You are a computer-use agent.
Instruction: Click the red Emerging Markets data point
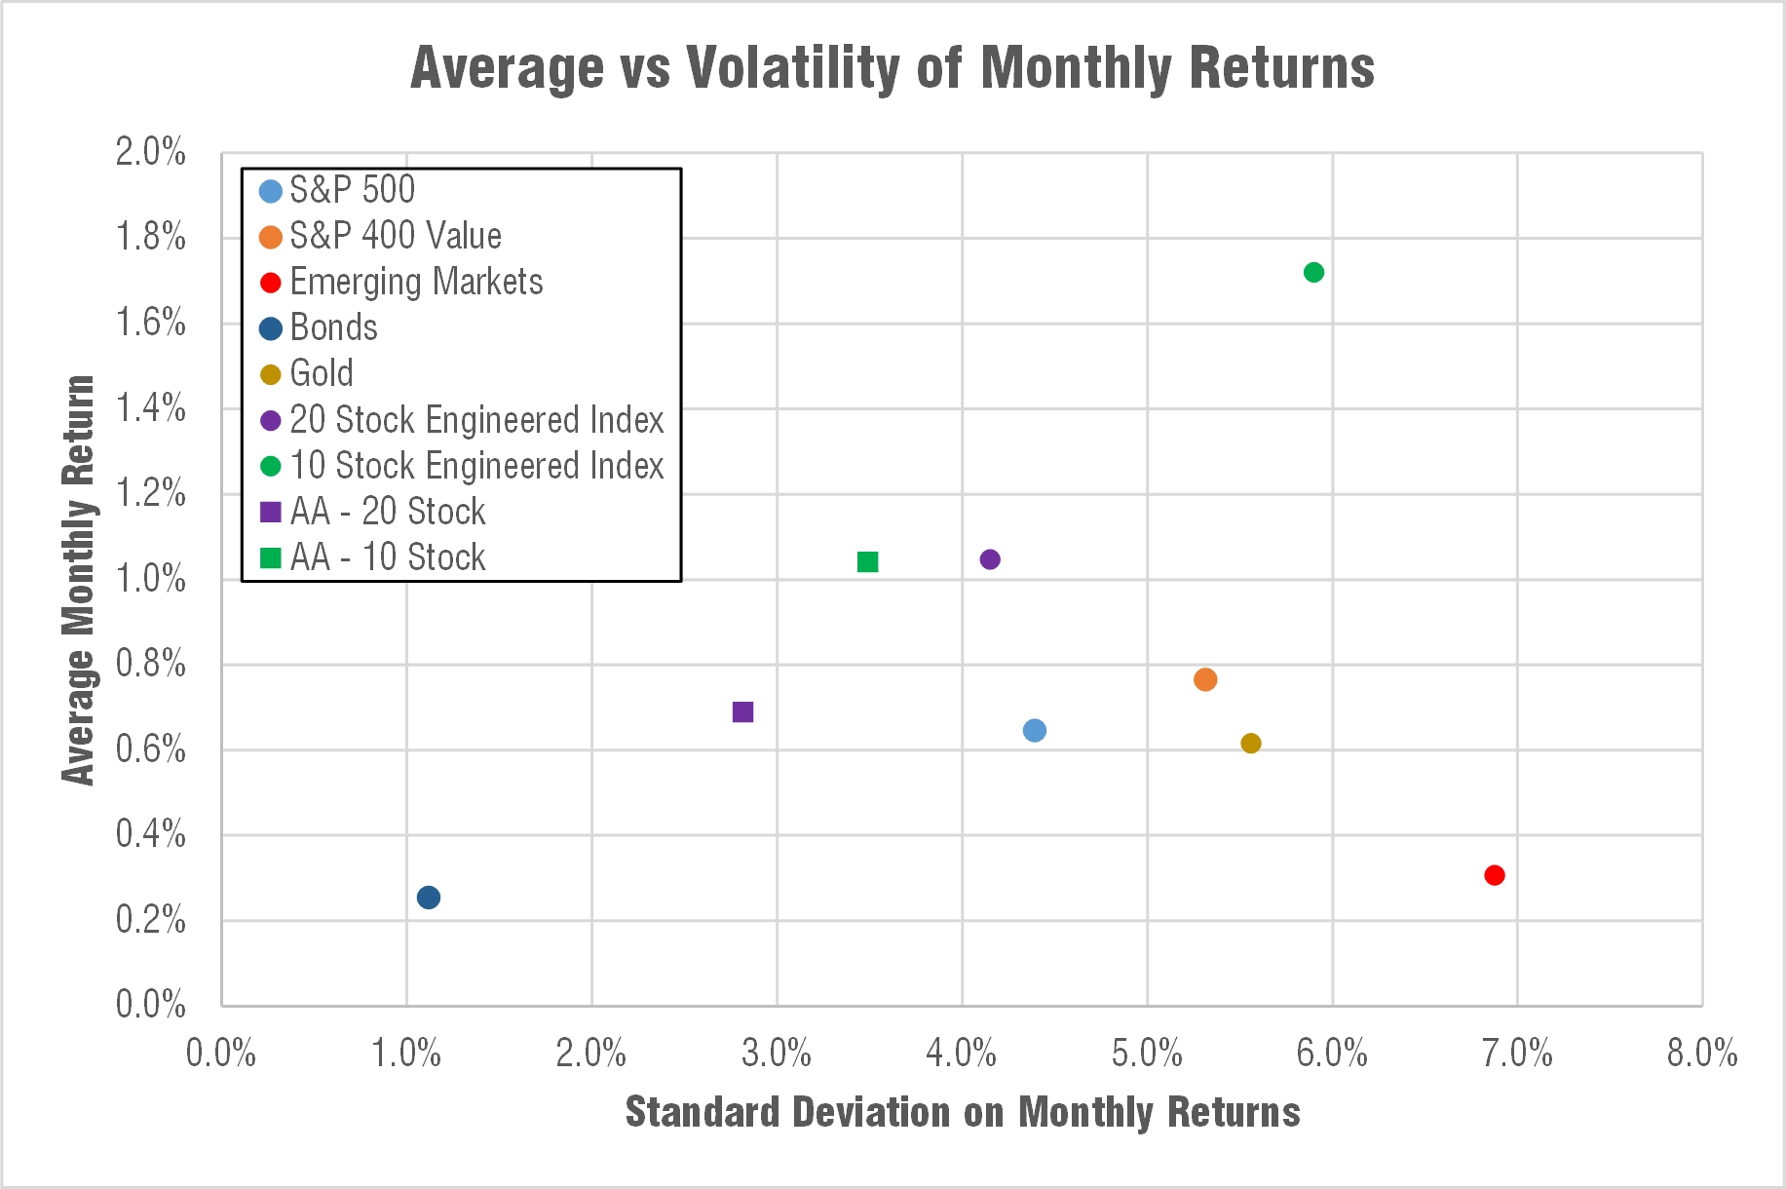point(1494,875)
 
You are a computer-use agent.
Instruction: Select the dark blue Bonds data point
point(429,898)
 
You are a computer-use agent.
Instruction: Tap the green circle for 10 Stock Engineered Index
point(1313,272)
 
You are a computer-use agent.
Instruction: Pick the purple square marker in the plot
point(742,712)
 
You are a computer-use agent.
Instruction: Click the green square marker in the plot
point(867,562)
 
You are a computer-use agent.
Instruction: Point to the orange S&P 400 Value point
point(1205,679)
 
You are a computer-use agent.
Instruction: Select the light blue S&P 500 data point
point(1035,731)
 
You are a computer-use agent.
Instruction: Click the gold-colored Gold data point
point(1251,744)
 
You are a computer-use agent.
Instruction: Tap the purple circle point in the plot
point(990,559)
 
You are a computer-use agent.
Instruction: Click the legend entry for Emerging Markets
point(416,282)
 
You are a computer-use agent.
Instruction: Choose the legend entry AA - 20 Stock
point(387,512)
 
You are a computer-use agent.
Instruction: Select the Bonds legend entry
point(333,327)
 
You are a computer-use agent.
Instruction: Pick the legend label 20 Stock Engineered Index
point(476,420)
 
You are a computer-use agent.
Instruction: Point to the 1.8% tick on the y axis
point(151,237)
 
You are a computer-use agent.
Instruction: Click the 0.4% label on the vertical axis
point(151,834)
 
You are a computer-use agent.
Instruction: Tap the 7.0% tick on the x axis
point(1517,1054)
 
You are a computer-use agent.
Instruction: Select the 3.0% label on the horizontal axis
point(777,1054)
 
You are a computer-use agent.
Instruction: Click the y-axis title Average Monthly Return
point(79,580)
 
